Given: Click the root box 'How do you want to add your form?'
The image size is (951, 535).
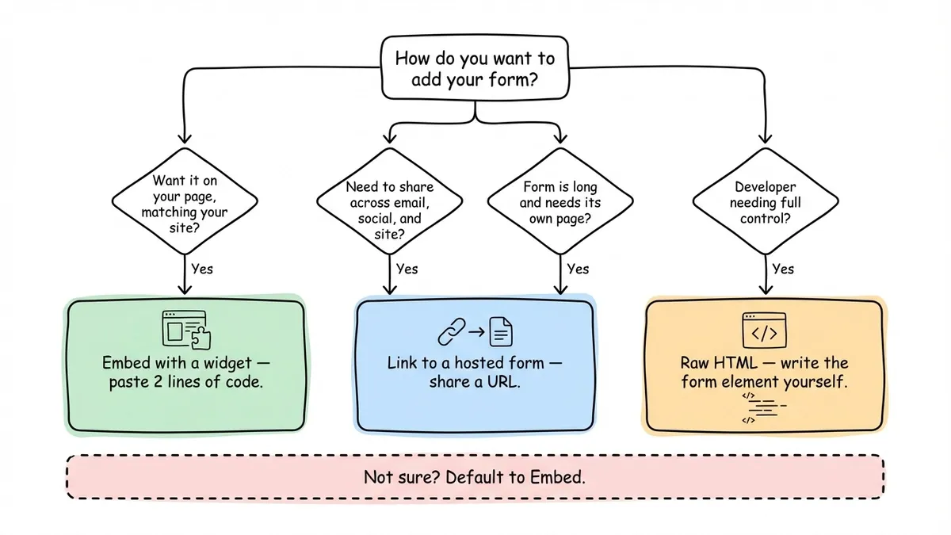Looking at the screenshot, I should [475, 69].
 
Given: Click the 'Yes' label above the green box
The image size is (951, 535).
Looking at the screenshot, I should [202, 269].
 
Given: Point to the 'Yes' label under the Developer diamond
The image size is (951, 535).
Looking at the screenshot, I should [783, 269].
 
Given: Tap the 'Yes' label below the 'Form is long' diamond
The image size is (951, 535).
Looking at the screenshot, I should [578, 269].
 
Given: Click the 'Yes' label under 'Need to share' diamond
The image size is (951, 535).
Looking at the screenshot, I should [407, 269].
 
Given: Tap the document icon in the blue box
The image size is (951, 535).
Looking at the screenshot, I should [500, 331].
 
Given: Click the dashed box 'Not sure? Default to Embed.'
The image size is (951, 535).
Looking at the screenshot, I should [475, 477].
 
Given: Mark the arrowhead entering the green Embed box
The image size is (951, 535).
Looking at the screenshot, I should [184, 292].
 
